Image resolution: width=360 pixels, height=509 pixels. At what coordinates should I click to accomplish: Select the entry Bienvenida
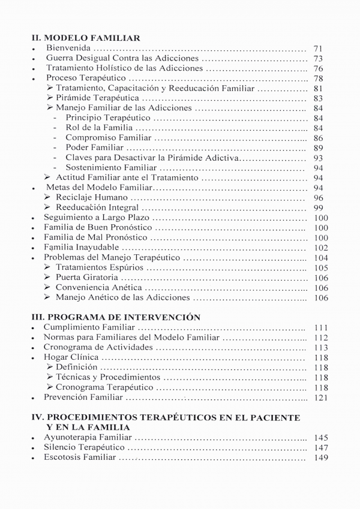pos(68,48)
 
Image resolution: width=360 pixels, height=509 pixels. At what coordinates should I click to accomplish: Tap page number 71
pos(318,48)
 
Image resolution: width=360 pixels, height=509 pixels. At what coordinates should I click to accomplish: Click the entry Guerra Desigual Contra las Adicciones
pos(122,58)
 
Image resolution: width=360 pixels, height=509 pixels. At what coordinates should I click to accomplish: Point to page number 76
pos(318,68)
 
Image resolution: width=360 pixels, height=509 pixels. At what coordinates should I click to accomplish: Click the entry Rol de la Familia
pos(99,128)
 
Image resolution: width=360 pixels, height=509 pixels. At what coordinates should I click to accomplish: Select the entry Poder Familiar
pos(95,147)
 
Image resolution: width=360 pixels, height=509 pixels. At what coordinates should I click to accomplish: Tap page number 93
pos(318,158)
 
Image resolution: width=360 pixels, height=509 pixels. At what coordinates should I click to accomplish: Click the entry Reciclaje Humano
pos(92,197)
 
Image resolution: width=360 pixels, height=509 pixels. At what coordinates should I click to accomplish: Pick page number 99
pos(318,207)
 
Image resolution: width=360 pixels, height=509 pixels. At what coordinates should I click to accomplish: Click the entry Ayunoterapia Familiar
pos(88,438)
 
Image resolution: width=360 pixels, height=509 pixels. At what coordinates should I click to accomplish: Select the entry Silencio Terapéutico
pos(84,447)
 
